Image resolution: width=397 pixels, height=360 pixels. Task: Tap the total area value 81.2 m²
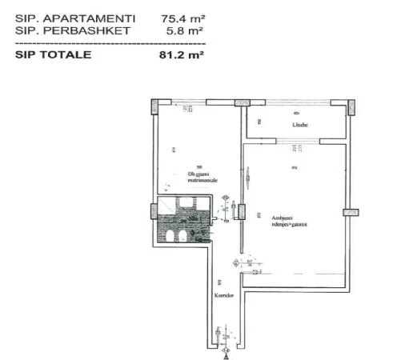tap(182, 55)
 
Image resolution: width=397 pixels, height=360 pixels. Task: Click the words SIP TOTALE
tap(53, 55)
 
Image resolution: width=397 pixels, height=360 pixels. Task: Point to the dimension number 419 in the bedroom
tap(174, 150)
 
